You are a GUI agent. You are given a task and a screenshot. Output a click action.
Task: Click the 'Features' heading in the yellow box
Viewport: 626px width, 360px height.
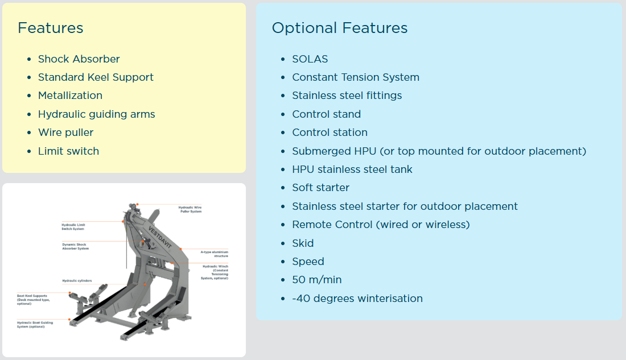pyautogui.click(x=50, y=28)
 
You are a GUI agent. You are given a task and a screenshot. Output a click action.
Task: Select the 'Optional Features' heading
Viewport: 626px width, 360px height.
pyautogui.click(x=339, y=28)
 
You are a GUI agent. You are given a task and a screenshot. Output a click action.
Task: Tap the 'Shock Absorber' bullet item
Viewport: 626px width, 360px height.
pyautogui.click(x=79, y=59)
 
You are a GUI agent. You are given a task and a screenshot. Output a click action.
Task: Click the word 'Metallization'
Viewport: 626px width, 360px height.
pyautogui.click(x=70, y=96)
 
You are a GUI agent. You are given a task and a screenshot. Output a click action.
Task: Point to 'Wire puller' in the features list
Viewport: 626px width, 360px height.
pyautogui.click(x=65, y=133)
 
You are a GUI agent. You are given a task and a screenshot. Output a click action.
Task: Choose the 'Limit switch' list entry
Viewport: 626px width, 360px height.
pyautogui.click(x=68, y=151)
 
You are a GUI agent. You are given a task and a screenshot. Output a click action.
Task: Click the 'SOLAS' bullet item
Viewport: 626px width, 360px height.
pyautogui.click(x=310, y=59)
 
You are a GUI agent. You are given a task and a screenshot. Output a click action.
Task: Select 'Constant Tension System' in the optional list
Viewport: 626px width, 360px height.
pyautogui.click(x=355, y=77)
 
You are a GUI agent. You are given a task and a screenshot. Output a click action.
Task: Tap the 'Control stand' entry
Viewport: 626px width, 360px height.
pyautogui.click(x=326, y=114)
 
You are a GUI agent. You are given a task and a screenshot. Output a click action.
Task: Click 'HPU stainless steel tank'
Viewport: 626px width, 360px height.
pyautogui.click(x=352, y=169)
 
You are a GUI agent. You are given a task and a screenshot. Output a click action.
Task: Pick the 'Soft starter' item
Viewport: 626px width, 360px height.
pyautogui.click(x=320, y=188)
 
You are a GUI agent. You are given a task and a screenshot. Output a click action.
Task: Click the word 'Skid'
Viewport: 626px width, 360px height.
pyautogui.click(x=303, y=243)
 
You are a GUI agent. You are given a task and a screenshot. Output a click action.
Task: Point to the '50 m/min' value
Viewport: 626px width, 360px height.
pyautogui.click(x=316, y=280)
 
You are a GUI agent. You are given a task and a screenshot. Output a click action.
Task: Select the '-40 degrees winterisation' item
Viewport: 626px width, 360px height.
pyautogui.click(x=357, y=299)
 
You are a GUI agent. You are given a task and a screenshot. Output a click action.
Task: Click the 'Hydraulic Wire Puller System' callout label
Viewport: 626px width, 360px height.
pyautogui.click(x=190, y=209)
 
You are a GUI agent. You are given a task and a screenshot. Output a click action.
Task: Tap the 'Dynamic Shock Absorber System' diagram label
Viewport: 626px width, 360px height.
pyautogui.click(x=76, y=246)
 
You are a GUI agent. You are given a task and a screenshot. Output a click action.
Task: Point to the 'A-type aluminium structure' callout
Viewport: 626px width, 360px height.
pyautogui.click(x=214, y=254)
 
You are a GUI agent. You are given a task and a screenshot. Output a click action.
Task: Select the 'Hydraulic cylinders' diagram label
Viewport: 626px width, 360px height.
pyautogui.click(x=77, y=281)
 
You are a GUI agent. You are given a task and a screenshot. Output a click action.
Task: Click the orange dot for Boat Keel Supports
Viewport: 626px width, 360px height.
pyautogui.click(x=69, y=293)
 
